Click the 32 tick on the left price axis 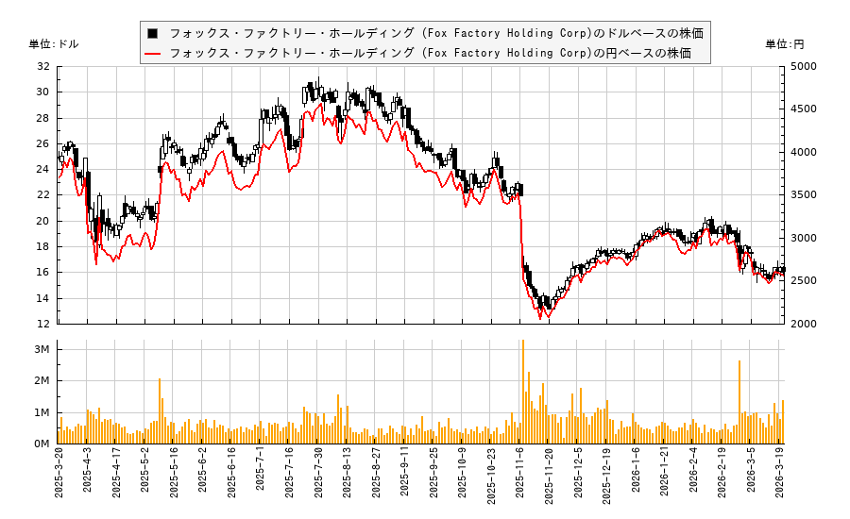click(x=42, y=66)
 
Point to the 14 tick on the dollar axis click(x=42, y=298)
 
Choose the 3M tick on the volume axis click(x=41, y=349)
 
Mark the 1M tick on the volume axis click(x=41, y=412)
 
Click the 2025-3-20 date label click(x=59, y=477)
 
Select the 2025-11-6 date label click(x=520, y=477)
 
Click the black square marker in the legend click(x=152, y=33)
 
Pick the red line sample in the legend click(x=152, y=53)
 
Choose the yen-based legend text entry click(x=430, y=53)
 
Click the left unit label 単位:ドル click(x=54, y=44)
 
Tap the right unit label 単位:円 click(x=784, y=44)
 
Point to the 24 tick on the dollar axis click(x=42, y=170)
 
